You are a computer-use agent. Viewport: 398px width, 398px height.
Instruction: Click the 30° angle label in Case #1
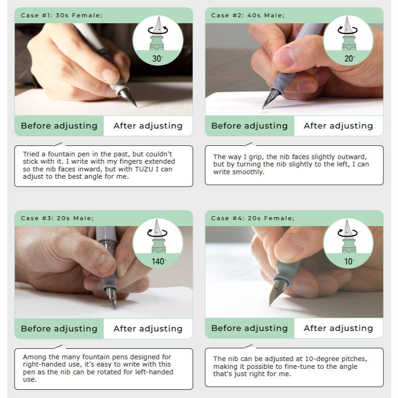coord(157,59)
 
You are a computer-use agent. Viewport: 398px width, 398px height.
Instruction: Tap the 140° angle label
coord(159,261)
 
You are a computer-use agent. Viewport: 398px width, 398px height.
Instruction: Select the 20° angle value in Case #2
coord(350,59)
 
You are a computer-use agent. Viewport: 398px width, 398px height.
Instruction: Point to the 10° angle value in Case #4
coord(349,261)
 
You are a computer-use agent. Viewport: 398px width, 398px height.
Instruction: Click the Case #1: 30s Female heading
coord(62,15)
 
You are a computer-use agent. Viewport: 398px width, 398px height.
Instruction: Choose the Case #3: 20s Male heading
coord(57,218)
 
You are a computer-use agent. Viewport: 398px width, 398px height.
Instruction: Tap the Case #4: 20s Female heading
coord(253,218)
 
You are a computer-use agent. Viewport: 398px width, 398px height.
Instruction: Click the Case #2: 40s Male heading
coord(248,15)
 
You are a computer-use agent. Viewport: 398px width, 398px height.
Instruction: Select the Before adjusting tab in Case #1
coord(59,126)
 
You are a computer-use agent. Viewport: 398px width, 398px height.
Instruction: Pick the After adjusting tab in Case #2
coord(339,126)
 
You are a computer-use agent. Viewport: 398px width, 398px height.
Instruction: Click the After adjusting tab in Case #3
coord(148,328)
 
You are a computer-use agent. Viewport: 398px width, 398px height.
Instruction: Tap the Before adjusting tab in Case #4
coord(249,328)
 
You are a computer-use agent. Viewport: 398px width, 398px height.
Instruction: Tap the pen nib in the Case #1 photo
coord(128,98)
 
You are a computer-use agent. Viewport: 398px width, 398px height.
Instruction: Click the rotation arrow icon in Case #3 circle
coord(157,233)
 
